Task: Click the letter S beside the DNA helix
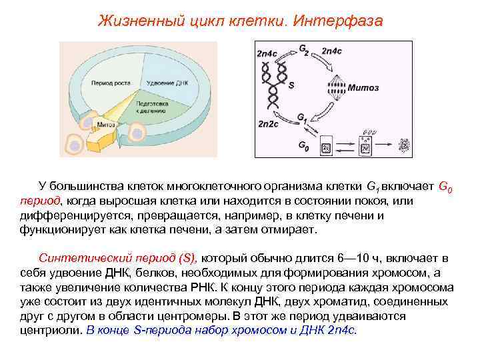[x=291, y=85]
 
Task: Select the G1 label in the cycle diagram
[x=301, y=119]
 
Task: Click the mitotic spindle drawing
[x=337, y=87]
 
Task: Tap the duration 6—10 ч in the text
[x=360, y=257]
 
